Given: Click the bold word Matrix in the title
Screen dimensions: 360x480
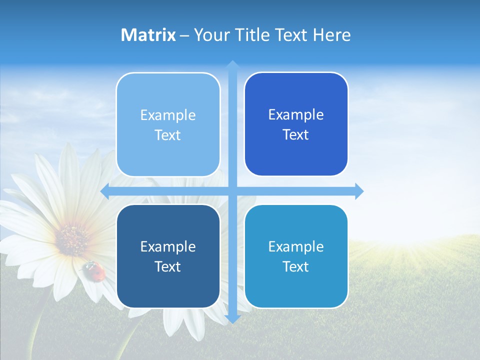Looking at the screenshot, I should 148,35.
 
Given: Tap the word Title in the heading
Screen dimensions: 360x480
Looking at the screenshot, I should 252,35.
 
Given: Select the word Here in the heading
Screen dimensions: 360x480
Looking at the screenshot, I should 331,35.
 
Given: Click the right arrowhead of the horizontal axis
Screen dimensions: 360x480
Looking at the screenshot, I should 359,191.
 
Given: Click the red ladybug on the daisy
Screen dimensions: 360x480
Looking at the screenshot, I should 94,270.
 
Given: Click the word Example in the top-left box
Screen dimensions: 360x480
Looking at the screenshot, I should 168,115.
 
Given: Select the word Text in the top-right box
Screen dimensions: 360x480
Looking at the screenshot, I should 296,135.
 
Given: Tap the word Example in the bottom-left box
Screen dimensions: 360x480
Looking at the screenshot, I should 168,247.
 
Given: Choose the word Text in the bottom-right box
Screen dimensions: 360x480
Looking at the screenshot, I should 296,267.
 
